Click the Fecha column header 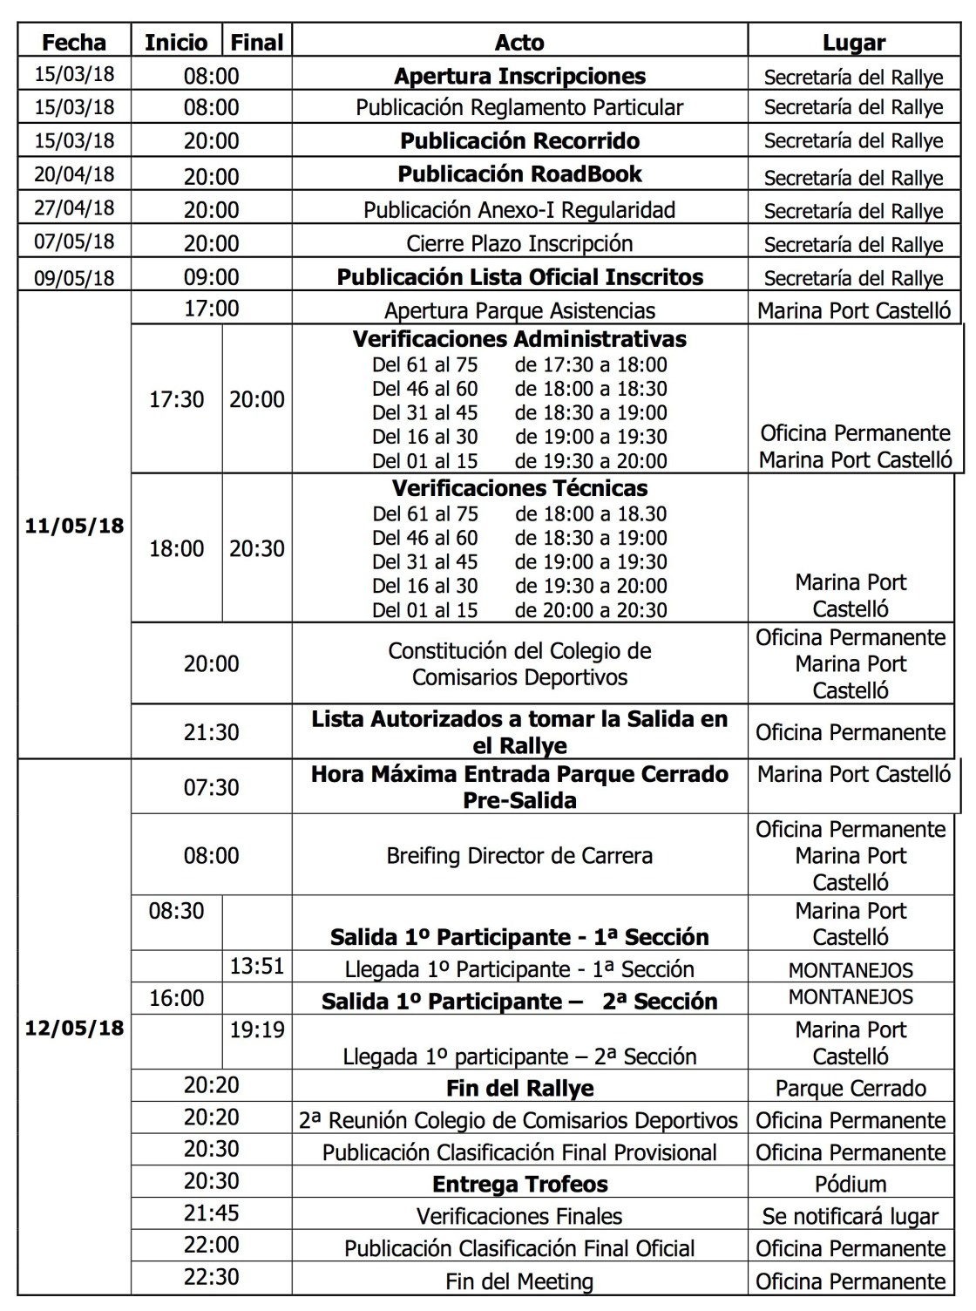coord(74,42)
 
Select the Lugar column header coord(853,43)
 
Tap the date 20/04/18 coord(74,173)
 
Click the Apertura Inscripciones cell coord(519,76)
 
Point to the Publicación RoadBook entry coord(519,173)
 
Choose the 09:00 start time coord(211,277)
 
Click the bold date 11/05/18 coord(74,526)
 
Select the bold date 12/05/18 coord(74,1028)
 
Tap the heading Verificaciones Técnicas coord(519,488)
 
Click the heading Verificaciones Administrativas coord(519,338)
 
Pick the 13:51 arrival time coord(257,966)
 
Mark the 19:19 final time coord(257,1029)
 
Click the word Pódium coord(851,1185)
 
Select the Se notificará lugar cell coord(851,1216)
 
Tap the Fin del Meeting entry coord(519,1281)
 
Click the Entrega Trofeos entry coord(519,1184)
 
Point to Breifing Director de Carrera coord(519,855)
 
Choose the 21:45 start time coord(211,1213)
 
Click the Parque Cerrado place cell coord(851,1088)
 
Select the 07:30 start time coord(211,787)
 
